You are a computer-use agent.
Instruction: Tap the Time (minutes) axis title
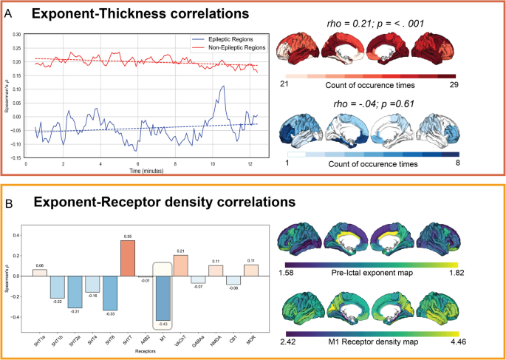click(141, 170)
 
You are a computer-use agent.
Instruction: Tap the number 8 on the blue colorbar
click(457, 161)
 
